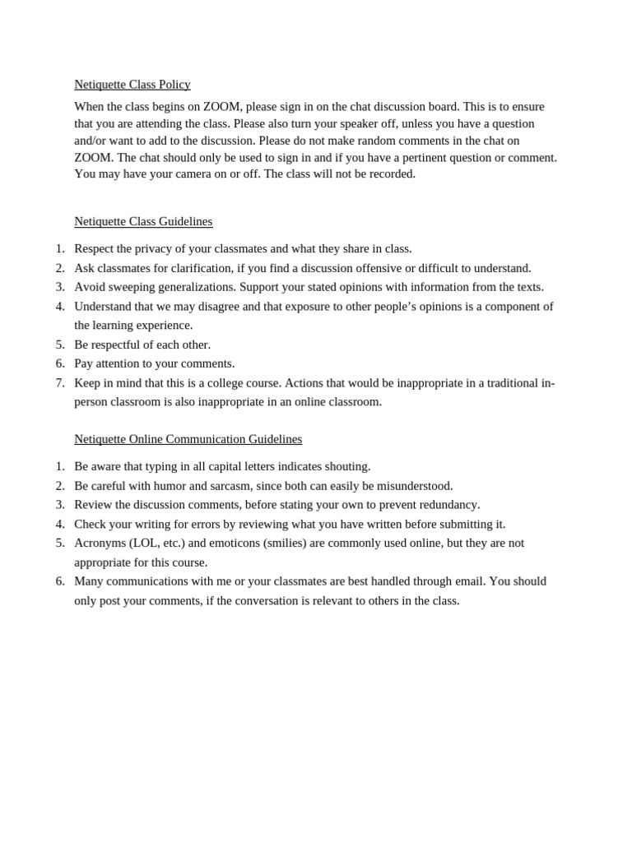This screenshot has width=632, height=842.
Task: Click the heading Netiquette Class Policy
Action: coord(132,85)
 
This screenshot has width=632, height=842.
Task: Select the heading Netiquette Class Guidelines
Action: coord(143,221)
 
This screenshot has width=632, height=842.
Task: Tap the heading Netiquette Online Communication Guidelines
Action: coord(188,439)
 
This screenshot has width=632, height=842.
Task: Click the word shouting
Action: coord(347,466)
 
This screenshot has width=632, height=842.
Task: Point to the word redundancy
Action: coord(447,505)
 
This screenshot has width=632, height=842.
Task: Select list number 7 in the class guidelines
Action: coord(60,383)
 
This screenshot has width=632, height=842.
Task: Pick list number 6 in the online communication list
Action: coord(60,581)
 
